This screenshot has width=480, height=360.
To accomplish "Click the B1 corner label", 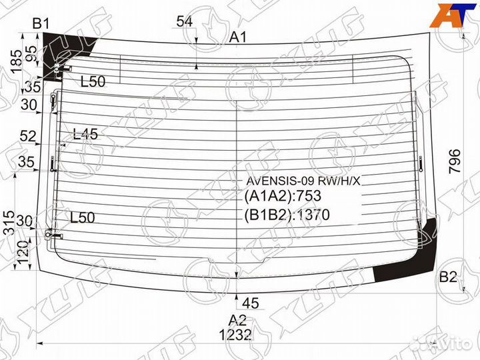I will click(42, 24).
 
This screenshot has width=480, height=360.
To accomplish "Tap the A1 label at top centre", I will click(239, 38).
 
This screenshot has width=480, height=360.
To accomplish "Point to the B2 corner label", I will click(448, 277).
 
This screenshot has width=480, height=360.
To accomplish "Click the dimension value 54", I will click(185, 22).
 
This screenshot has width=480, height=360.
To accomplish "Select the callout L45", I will click(85, 134).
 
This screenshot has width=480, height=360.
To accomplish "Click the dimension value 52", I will click(27, 137).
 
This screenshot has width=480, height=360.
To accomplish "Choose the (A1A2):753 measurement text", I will click(283, 197).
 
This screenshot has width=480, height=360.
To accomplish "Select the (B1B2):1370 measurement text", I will click(287, 215).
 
